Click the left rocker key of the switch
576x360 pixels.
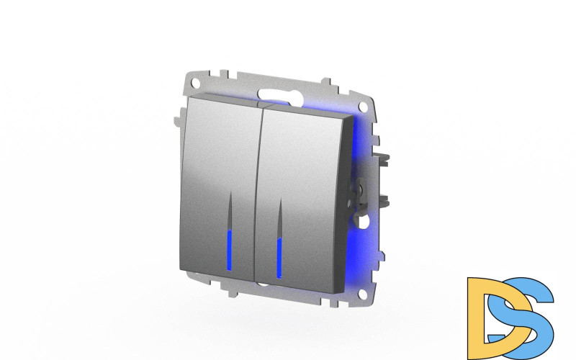coord(220,187)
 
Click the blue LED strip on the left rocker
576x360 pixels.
coord(230,251)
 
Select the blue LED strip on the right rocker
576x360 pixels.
coord(279,258)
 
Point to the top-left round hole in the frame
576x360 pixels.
coord(196,82)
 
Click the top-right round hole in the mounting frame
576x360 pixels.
coord(363,107)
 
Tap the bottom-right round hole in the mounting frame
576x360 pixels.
coord(363,294)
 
